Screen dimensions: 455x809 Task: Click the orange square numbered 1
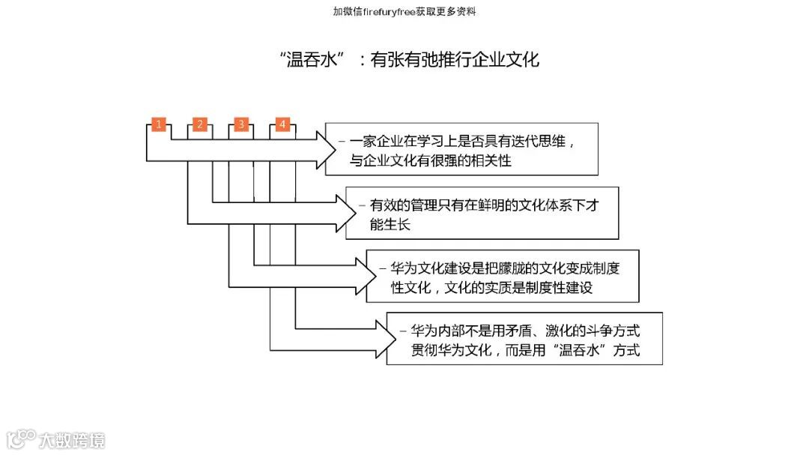[x=158, y=124]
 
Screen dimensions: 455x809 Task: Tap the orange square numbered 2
[x=199, y=124]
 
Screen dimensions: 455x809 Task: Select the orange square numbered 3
[x=240, y=124]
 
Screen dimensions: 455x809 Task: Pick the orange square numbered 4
[x=282, y=124]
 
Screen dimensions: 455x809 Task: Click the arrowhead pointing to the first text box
[x=327, y=149]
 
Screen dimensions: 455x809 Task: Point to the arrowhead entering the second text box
[x=348, y=213]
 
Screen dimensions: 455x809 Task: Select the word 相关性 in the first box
[x=490, y=160]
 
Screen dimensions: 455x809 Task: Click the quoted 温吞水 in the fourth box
[x=579, y=350]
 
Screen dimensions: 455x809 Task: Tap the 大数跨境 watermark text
[x=73, y=440]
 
